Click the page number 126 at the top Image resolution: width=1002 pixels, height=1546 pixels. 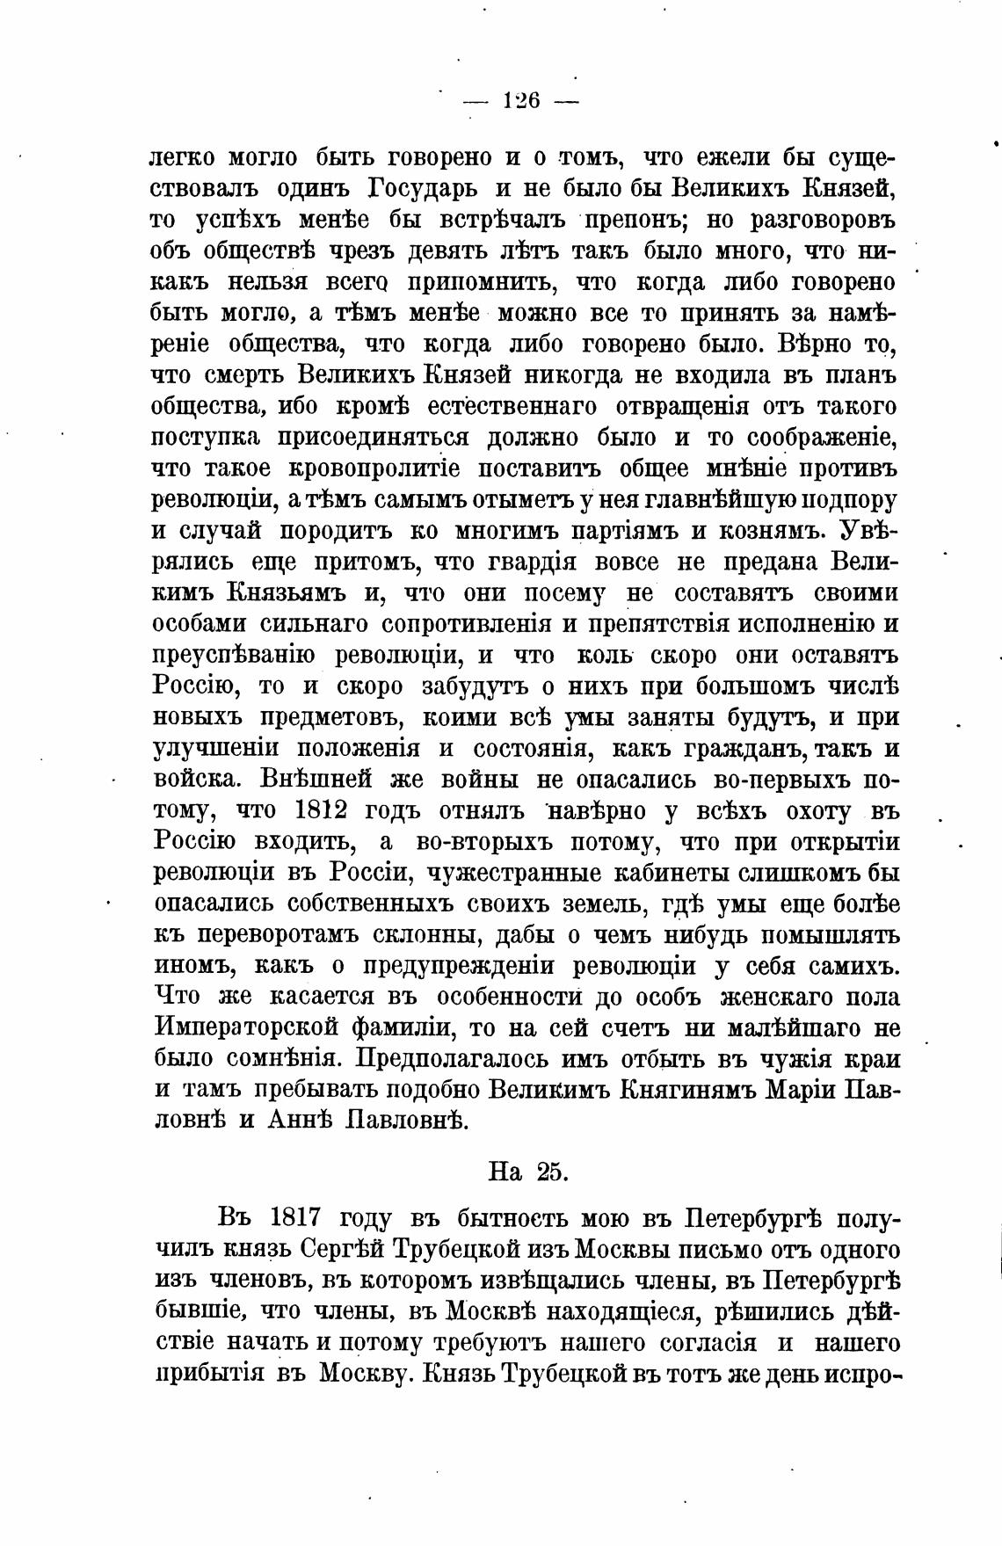521,100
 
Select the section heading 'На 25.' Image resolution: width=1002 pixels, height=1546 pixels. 528,1172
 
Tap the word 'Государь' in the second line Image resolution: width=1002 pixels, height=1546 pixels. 419,189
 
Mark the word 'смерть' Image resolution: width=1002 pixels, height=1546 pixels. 243,375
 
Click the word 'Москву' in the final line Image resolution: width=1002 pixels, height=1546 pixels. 361,1374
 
